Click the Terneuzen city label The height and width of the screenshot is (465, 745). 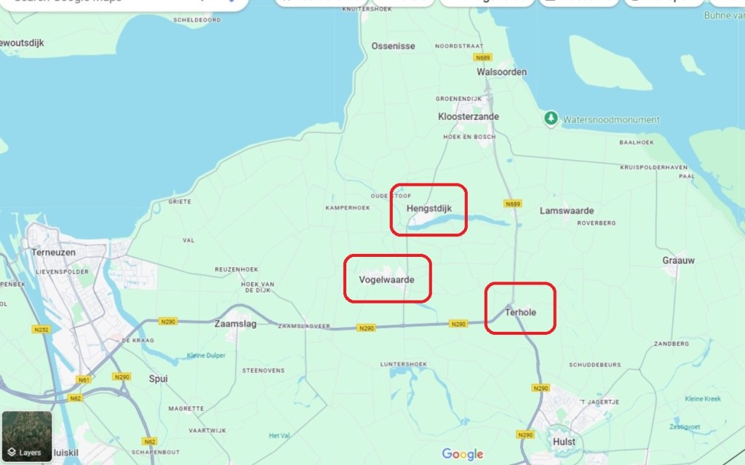click(x=49, y=253)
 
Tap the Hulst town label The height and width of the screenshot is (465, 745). click(x=564, y=441)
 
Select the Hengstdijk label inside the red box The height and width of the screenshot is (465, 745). click(x=429, y=209)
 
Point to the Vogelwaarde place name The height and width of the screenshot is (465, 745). click(x=387, y=279)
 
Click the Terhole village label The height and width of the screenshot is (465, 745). click(x=520, y=312)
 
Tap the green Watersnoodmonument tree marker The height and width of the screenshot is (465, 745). click(x=551, y=118)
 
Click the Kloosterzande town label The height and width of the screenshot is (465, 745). click(x=468, y=116)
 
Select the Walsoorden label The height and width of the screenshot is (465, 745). click(x=501, y=72)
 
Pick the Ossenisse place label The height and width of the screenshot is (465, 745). click(x=393, y=46)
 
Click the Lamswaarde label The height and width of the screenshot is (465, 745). click(x=567, y=211)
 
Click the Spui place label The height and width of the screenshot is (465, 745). click(x=158, y=378)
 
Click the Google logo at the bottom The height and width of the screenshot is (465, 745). click(x=463, y=455)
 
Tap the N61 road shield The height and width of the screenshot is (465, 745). click(x=84, y=380)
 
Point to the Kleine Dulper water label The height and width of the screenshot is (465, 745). click(x=206, y=355)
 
